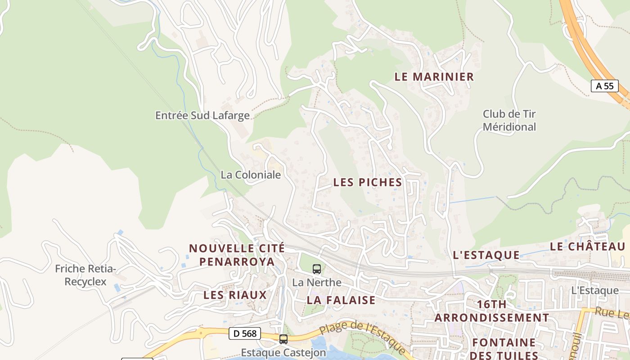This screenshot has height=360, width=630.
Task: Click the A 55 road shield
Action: click(x=604, y=86)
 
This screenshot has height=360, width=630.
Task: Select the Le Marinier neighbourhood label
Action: click(x=434, y=76)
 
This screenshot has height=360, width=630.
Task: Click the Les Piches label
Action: click(x=368, y=182)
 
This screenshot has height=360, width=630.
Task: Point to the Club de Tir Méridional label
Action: click(x=509, y=120)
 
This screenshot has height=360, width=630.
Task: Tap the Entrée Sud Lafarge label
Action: click(x=202, y=116)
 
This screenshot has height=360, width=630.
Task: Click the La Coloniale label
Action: click(x=251, y=175)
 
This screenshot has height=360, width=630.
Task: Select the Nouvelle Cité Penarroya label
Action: click(x=237, y=255)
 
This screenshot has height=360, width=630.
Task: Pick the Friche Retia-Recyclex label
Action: click(x=85, y=275)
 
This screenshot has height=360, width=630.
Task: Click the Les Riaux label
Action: click(x=235, y=295)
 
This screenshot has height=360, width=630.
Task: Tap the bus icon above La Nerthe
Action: click(x=317, y=269)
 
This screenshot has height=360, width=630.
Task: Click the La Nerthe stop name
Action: click(x=317, y=283)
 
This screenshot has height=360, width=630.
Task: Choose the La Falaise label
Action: click(x=341, y=300)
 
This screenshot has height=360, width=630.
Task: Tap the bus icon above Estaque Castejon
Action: click(x=283, y=339)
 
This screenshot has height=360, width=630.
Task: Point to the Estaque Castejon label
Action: click(x=283, y=352)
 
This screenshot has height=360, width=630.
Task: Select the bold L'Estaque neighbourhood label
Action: click(x=486, y=255)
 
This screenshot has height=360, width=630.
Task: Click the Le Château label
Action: click(x=588, y=247)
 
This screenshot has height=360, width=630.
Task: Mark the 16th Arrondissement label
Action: click(x=492, y=311)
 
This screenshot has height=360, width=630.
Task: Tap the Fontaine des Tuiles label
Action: click(x=504, y=349)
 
